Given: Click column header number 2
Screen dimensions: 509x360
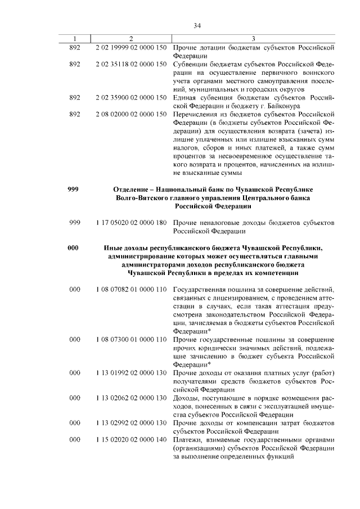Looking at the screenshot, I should pyautogui.click(x=130, y=38).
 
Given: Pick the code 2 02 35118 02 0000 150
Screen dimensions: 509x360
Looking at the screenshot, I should pyautogui.click(x=130, y=64).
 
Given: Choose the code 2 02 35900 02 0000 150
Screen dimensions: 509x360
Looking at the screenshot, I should pyautogui.click(x=130, y=97).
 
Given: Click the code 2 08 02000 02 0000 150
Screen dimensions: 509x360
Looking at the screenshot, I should pyautogui.click(x=130, y=114).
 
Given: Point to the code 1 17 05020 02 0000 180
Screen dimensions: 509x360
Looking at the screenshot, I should pyautogui.click(x=130, y=223).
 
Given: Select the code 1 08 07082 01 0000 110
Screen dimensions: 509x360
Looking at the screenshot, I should pyautogui.click(x=130, y=289).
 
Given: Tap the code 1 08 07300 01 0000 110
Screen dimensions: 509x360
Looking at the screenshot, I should pyautogui.click(x=130, y=340).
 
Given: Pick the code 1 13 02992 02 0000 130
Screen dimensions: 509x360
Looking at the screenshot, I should pyautogui.click(x=130, y=422).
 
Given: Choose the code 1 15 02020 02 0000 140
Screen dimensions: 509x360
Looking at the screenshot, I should pyautogui.click(x=130, y=439).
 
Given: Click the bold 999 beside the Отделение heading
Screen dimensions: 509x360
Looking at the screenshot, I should pyautogui.click(x=73, y=190).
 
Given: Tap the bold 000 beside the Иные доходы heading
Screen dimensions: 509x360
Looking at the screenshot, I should pyautogui.click(x=73, y=247).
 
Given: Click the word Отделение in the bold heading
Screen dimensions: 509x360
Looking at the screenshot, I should pyautogui.click(x=134, y=190).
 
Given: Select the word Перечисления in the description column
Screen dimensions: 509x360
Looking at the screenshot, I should pyautogui.click(x=193, y=114).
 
